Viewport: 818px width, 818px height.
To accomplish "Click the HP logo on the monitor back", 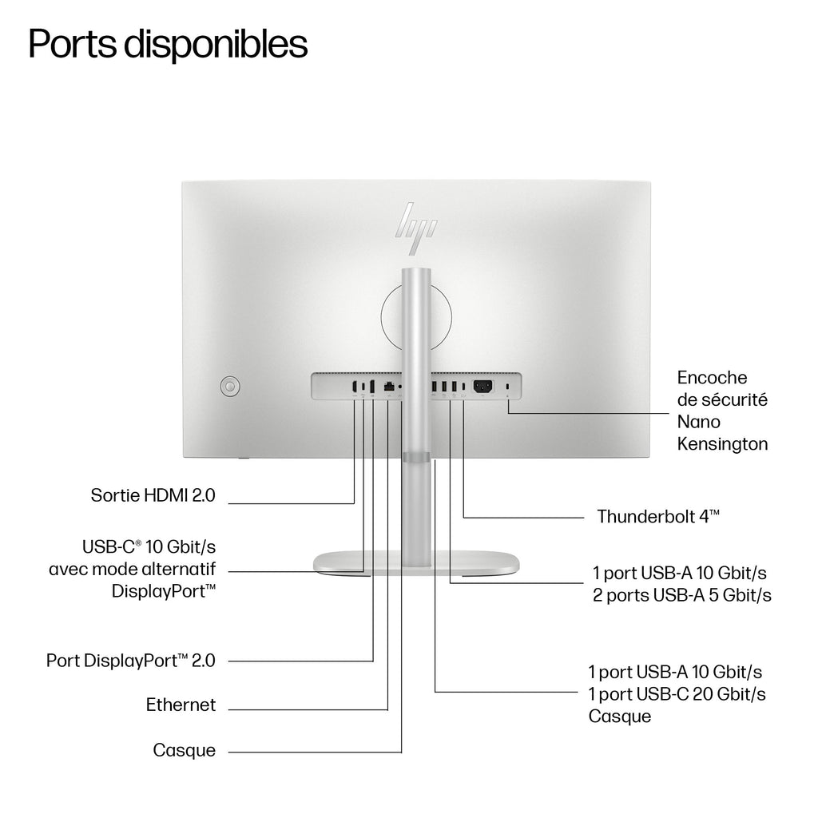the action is pyautogui.click(x=415, y=228).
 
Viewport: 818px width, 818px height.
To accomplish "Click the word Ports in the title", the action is pyautogui.click(x=73, y=44).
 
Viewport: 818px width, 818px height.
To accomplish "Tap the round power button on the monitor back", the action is pyautogui.click(x=229, y=387).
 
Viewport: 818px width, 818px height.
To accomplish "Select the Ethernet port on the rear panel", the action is pyautogui.click(x=389, y=387).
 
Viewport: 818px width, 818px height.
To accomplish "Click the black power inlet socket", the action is pyautogui.click(x=482, y=387).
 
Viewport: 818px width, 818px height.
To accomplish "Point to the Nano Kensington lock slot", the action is pyautogui.click(x=508, y=387).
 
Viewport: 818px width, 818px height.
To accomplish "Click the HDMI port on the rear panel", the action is pyautogui.click(x=355, y=387).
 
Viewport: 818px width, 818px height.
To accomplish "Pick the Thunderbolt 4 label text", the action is pyautogui.click(x=658, y=517).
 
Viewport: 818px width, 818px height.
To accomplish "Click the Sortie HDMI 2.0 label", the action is pyautogui.click(x=153, y=495).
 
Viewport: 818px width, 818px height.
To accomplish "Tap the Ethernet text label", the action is pyautogui.click(x=181, y=705).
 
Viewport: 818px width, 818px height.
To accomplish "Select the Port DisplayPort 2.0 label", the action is pyautogui.click(x=131, y=661).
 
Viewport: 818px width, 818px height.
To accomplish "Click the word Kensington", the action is pyautogui.click(x=722, y=444).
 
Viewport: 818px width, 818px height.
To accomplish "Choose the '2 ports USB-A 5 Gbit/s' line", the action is pyautogui.click(x=682, y=595).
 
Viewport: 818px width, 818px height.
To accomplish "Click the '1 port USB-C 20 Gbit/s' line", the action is pyautogui.click(x=677, y=694).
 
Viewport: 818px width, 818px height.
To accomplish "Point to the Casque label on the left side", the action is pyautogui.click(x=185, y=750).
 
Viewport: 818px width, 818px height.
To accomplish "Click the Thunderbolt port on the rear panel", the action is pyautogui.click(x=464, y=387).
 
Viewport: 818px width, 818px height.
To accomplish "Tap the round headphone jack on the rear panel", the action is pyautogui.click(x=400, y=387).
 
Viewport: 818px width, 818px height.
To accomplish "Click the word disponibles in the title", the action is pyautogui.click(x=216, y=44).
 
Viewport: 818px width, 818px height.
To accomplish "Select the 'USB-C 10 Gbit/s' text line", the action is pyautogui.click(x=149, y=546).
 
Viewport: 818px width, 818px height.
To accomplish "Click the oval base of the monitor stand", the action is pyautogui.click(x=416, y=563).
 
